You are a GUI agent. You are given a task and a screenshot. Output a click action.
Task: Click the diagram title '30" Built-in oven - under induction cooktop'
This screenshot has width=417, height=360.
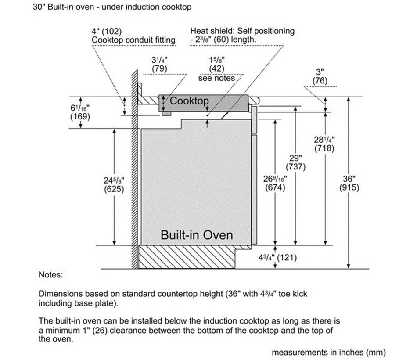point(112,7)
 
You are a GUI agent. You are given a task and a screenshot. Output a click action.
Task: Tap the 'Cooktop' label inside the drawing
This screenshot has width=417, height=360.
point(189,101)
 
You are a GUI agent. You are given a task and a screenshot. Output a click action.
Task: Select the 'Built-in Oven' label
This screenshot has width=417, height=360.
point(197,235)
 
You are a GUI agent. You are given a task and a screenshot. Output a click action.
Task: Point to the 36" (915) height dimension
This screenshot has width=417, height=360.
point(349,184)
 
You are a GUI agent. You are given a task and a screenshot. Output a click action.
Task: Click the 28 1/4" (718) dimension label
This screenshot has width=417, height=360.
point(324,144)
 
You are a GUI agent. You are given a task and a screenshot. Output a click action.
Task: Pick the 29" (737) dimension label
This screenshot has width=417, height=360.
point(295,162)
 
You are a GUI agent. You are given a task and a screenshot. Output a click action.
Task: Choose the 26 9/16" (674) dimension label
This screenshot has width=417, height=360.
point(275,184)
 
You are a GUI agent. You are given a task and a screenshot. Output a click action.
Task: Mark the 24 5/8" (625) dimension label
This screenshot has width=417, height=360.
point(114,185)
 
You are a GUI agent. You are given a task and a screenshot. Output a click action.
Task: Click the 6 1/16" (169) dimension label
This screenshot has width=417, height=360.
point(80,112)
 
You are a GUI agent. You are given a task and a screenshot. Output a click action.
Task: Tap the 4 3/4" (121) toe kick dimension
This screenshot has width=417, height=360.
point(277,258)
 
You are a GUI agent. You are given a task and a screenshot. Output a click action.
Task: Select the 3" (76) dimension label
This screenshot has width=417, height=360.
point(320,76)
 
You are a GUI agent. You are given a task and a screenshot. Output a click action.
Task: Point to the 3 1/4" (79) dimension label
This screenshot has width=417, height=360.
point(160,65)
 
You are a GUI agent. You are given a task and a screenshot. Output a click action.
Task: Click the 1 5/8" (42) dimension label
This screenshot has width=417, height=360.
point(216,65)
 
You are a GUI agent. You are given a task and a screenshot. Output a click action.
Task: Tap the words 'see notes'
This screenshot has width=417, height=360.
point(216,78)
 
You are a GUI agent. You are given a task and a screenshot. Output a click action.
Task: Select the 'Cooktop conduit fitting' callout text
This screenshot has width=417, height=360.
point(133,40)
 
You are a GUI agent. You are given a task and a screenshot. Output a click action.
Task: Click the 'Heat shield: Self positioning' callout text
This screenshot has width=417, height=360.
point(242,31)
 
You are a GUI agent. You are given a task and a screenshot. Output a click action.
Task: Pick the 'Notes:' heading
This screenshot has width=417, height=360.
point(51,274)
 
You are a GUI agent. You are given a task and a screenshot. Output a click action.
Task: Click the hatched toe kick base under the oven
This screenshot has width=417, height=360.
point(187,257)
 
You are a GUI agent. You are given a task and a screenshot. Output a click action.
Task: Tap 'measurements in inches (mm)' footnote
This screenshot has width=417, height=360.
point(329,352)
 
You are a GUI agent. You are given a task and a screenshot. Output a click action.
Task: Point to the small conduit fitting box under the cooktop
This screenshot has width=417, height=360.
point(166,114)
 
